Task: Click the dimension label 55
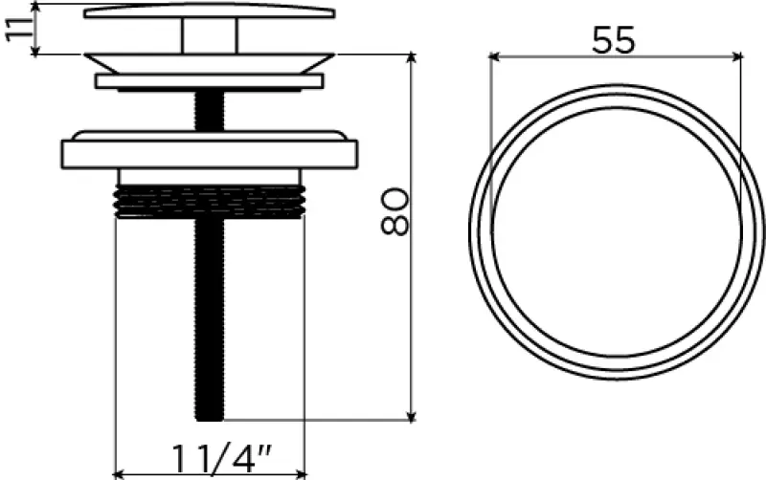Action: [x=614, y=40]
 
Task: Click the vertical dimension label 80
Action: [x=394, y=212]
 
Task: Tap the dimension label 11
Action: [x=18, y=29]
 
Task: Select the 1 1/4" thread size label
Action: [x=221, y=459]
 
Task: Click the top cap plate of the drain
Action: [x=209, y=11]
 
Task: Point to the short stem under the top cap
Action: [x=210, y=36]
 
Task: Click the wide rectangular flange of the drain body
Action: [x=210, y=154]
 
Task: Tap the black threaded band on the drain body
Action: [x=210, y=201]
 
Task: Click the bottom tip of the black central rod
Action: [x=210, y=420]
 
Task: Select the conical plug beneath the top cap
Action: [x=210, y=63]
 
